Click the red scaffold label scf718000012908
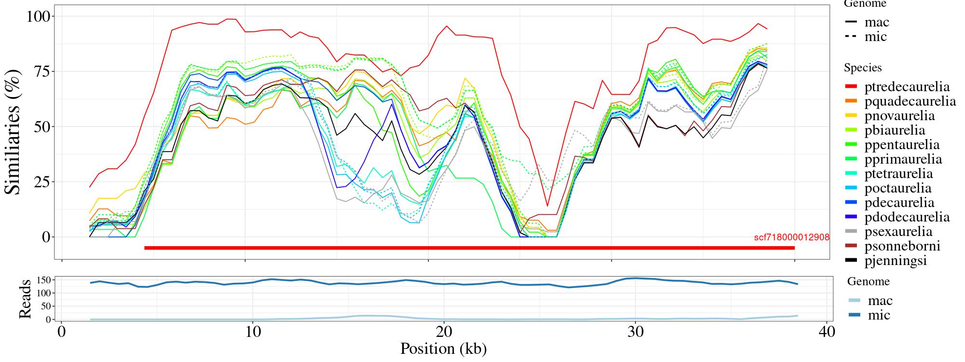(791, 237)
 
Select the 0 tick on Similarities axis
(45, 237)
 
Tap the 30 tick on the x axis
(635, 333)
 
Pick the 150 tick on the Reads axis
(44, 280)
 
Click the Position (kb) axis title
(443, 348)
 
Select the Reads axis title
(24, 299)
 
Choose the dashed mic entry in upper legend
(866, 37)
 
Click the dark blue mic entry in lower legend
(869, 315)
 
